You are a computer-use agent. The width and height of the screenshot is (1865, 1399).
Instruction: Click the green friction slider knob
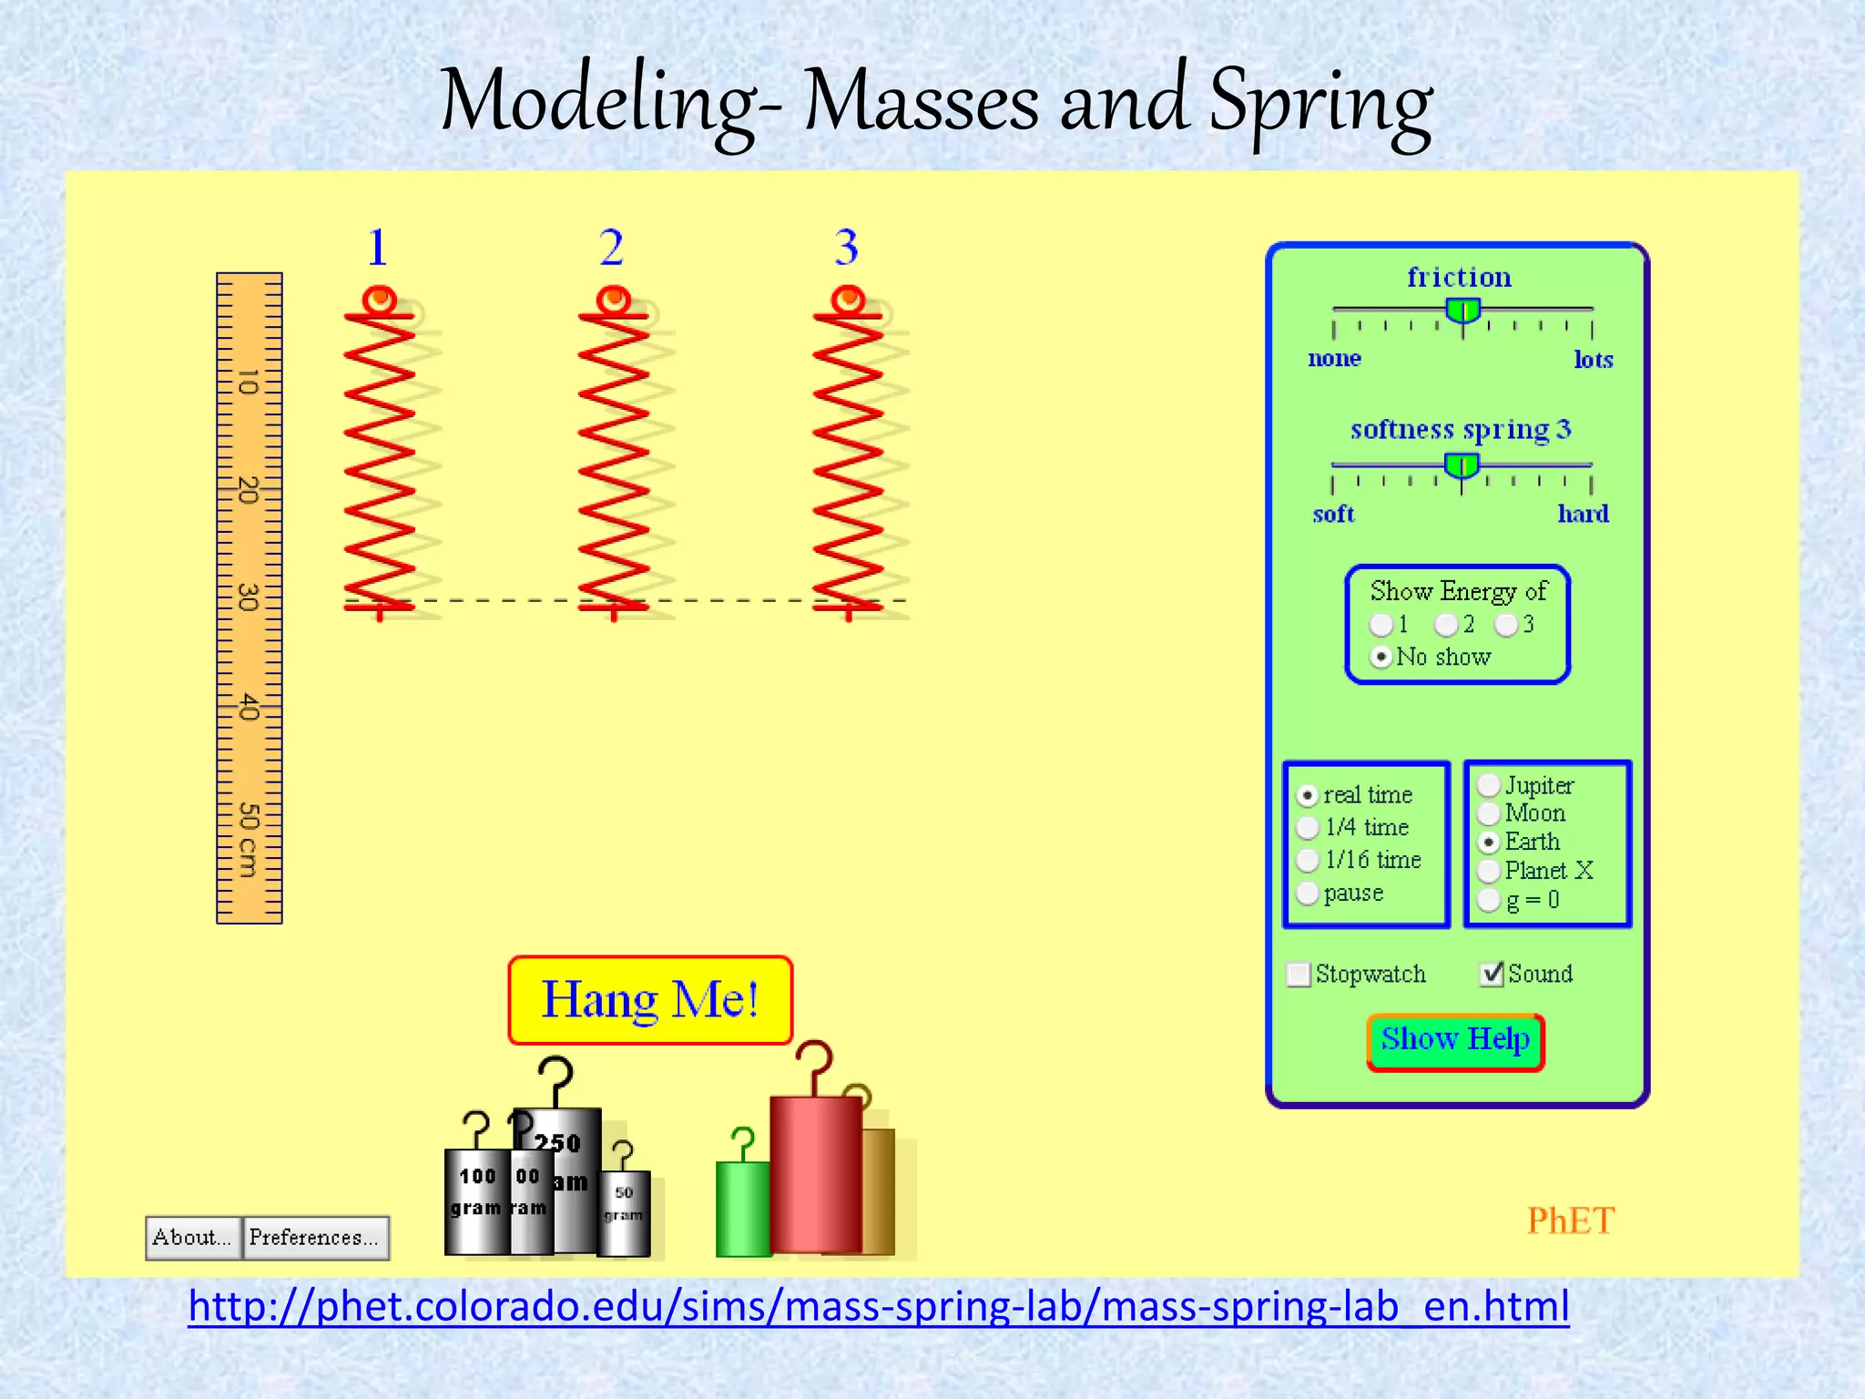coord(1463,311)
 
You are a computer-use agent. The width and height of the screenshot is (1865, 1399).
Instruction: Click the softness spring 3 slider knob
coord(1462,467)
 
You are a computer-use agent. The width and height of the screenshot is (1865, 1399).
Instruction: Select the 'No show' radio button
coord(1381,657)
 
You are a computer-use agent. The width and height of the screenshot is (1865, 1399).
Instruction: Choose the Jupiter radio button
coord(1489,785)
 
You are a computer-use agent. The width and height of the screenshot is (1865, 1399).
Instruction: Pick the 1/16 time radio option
coord(1308,860)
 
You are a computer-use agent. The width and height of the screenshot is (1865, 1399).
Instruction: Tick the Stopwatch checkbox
coord(1299,975)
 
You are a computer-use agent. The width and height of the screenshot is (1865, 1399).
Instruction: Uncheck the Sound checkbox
coord(1492,974)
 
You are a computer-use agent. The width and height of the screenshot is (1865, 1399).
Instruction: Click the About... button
coord(193,1238)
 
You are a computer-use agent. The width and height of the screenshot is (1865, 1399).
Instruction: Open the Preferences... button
coord(315,1238)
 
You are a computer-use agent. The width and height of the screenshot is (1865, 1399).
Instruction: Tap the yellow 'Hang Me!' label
coord(650,1000)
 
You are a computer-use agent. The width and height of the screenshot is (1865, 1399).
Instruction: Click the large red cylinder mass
coord(815,1175)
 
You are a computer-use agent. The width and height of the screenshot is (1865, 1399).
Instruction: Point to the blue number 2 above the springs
coord(612,248)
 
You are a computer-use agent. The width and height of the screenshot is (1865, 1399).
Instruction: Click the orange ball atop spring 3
coord(848,299)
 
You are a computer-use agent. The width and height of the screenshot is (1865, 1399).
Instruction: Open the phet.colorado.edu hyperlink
coord(878,1306)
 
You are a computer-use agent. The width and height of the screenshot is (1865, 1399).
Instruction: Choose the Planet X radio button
coord(1489,871)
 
